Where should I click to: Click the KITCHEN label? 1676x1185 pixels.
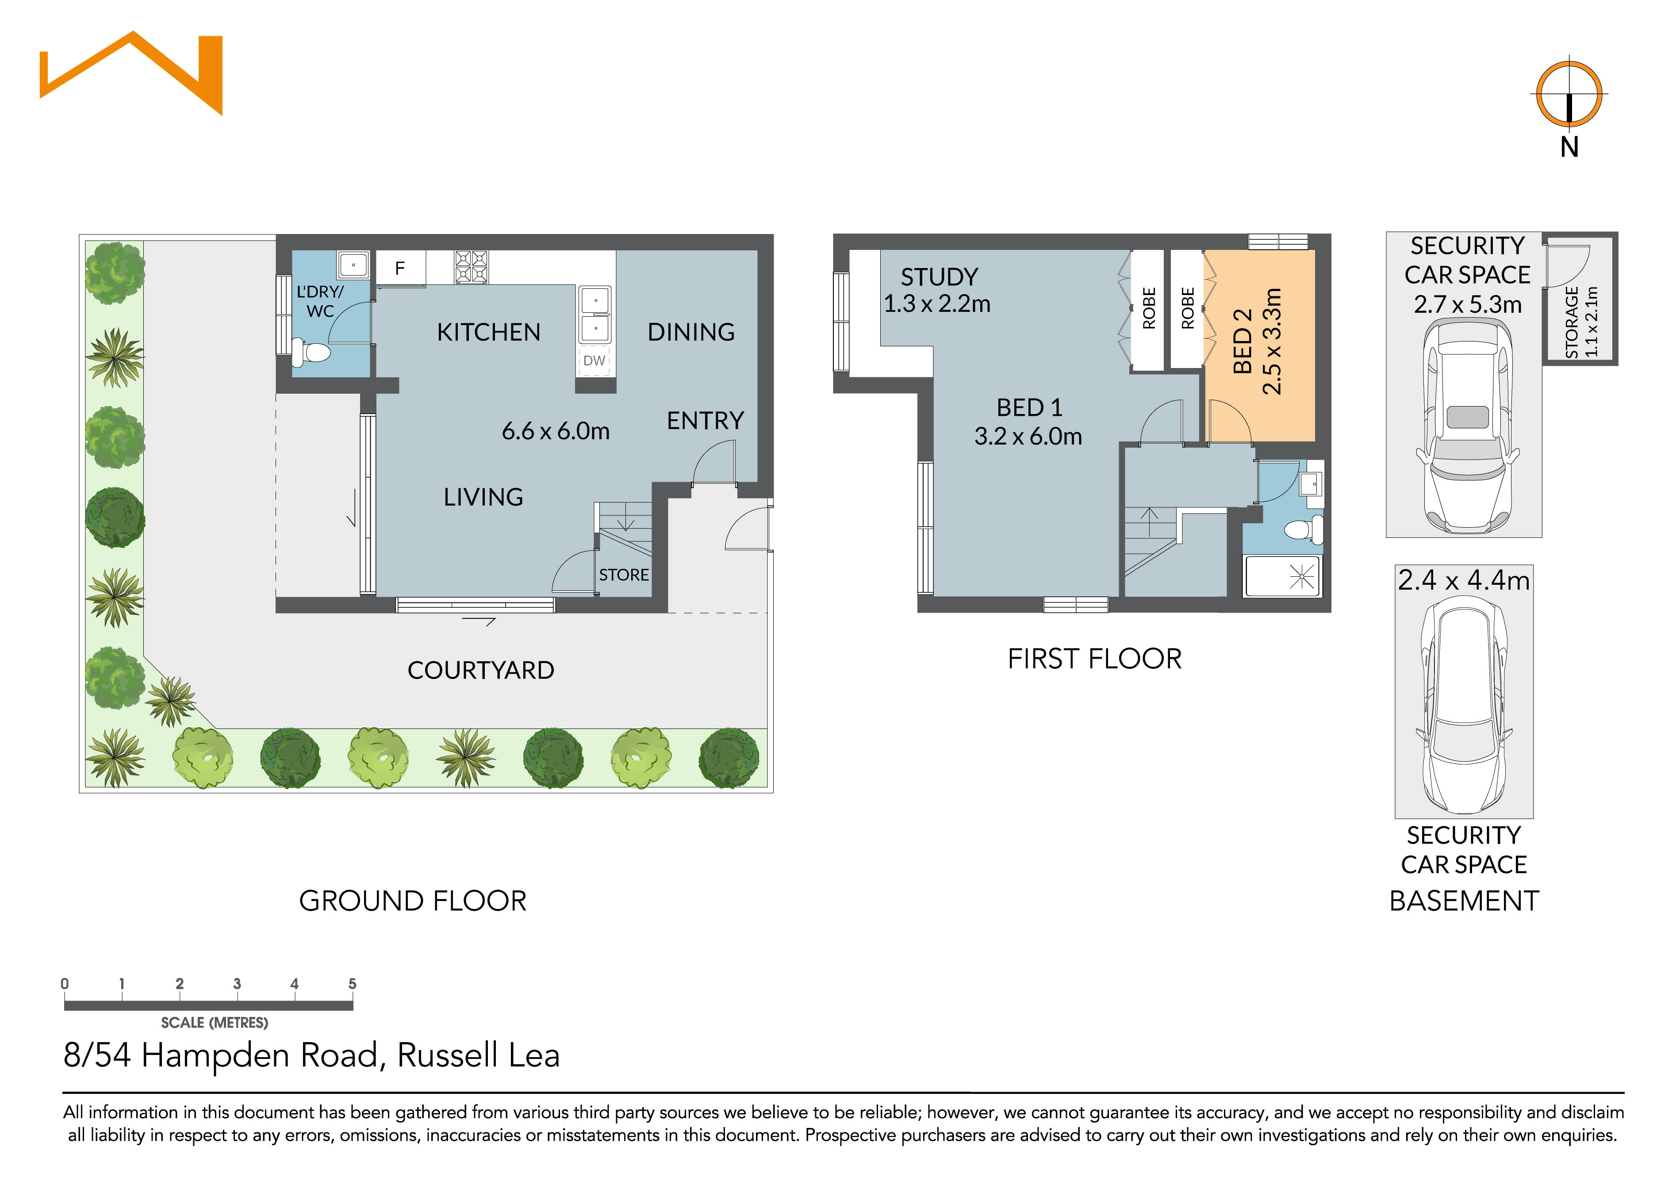tap(488, 332)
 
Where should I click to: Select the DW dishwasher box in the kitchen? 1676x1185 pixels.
tap(594, 360)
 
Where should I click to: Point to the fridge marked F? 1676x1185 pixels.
tap(400, 268)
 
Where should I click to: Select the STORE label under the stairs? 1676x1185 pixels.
tap(623, 575)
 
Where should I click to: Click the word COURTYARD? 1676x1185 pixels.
tap(480, 670)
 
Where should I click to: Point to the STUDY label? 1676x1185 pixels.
tap(939, 277)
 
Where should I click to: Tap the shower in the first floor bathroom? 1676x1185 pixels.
tap(1282, 577)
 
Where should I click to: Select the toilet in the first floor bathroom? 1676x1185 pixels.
tap(1303, 529)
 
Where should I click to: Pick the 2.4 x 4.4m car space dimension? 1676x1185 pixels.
tap(1464, 580)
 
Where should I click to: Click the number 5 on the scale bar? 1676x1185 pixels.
tap(352, 983)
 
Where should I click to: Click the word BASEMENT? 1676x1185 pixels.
tap(1464, 901)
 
